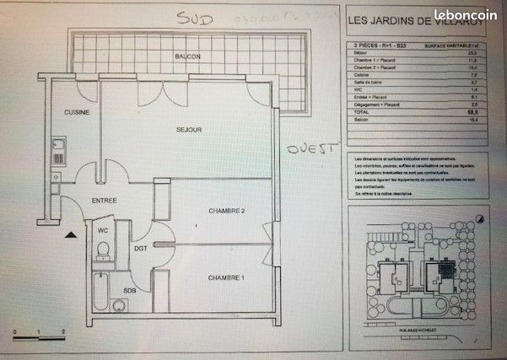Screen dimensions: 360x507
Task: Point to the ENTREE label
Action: pos(104,200)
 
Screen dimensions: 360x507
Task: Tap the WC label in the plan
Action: pos(101,229)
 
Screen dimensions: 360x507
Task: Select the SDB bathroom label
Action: pos(131,291)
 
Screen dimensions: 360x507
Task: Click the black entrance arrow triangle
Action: pos(72,234)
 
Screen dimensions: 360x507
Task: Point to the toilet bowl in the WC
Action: pos(102,250)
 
